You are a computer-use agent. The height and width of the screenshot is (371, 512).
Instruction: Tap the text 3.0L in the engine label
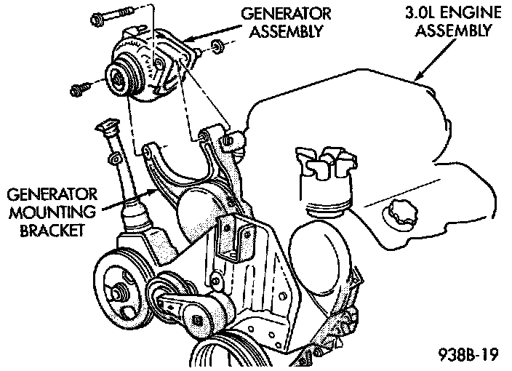419,13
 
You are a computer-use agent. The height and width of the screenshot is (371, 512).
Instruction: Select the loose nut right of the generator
217,49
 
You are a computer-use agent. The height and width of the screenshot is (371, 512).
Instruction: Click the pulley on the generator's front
116,76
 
